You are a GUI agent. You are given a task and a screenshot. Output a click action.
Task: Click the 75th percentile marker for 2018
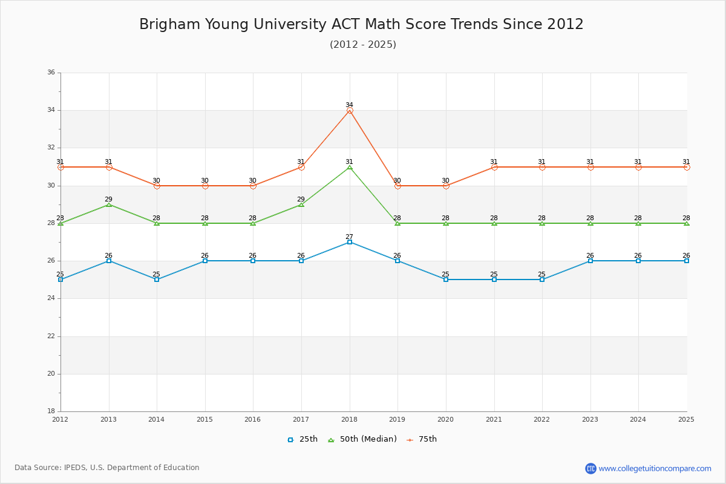350,111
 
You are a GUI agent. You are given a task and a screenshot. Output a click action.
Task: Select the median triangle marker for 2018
350,167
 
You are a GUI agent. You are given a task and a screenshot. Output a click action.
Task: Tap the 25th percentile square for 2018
350,242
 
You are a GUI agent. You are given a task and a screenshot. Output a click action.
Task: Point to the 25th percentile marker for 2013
109,261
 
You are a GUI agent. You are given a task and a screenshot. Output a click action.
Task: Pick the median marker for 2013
109,204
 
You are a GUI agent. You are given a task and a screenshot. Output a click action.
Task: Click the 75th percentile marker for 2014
157,186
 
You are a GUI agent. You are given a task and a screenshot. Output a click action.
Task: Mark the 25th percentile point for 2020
446,280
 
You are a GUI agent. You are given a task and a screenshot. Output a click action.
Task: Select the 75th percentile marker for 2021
494,167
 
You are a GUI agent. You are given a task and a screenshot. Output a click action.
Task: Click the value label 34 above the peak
349,105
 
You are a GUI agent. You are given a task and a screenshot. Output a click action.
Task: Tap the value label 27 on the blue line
349,237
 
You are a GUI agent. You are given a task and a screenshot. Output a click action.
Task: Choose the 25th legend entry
302,439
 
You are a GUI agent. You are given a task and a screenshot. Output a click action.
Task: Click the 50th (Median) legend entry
362,439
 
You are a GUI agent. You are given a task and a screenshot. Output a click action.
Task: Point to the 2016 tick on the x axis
253,419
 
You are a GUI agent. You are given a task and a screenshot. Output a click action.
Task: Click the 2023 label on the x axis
590,419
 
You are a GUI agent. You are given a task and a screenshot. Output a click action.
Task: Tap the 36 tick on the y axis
51,73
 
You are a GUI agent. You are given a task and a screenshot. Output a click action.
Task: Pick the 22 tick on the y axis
51,336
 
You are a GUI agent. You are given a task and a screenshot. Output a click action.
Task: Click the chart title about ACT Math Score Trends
361,24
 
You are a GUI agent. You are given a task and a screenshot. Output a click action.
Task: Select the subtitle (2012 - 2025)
363,45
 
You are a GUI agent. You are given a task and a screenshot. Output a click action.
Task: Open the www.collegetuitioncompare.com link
655,468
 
